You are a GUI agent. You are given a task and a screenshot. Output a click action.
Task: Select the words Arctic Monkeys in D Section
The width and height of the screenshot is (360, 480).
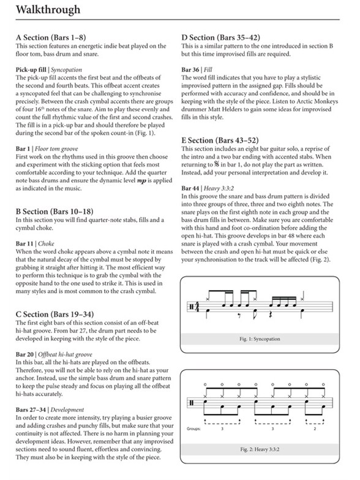(318, 108)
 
